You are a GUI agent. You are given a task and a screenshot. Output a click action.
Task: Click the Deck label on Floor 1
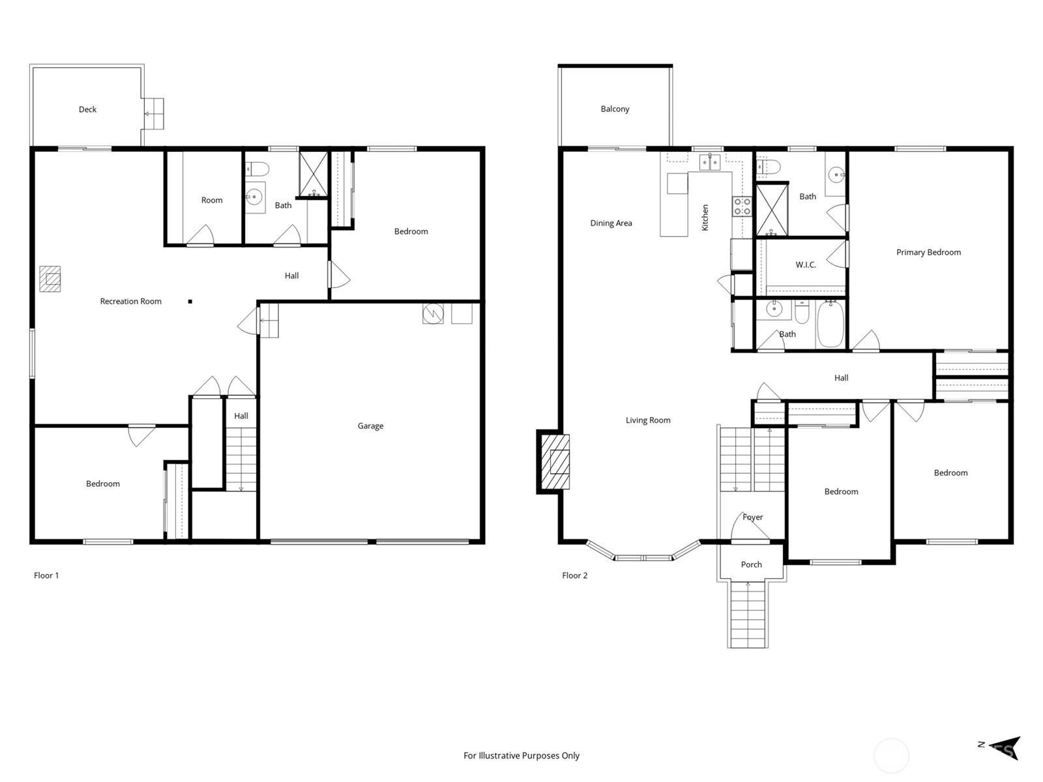(87, 109)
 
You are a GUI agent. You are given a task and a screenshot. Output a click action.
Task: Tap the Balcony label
(615, 109)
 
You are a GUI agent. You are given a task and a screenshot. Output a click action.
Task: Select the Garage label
(370, 426)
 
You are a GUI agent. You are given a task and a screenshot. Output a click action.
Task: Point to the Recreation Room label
(130, 301)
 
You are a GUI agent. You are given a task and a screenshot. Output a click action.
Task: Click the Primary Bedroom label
(928, 252)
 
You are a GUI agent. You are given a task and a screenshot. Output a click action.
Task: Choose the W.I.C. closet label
(806, 265)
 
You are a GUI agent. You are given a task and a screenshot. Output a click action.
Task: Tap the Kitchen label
(705, 218)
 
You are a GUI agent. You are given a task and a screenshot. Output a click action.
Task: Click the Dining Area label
(611, 223)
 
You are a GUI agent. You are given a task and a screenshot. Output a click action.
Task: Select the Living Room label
(648, 420)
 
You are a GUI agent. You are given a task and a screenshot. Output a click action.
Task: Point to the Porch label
(751, 564)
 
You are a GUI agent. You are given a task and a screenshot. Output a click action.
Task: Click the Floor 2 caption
(574, 575)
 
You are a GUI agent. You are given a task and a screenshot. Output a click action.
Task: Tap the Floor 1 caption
(46, 575)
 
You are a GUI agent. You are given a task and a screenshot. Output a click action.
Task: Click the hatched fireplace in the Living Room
(555, 462)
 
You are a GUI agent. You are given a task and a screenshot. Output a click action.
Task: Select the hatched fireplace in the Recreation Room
(50, 279)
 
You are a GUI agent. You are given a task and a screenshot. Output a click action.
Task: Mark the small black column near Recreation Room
(190, 301)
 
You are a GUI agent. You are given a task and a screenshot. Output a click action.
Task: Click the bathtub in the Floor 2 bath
(830, 325)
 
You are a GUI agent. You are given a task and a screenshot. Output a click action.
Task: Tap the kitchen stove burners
(742, 207)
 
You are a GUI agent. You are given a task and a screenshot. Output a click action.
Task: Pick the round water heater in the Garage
(433, 313)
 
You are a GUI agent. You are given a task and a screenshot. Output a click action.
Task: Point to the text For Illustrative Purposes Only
(521, 755)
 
